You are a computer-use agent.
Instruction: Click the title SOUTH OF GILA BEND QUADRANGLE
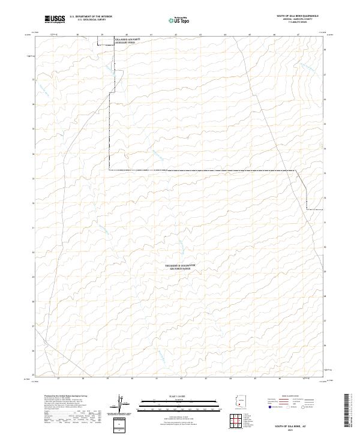(297, 16)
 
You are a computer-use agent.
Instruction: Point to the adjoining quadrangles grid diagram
(242, 422)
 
